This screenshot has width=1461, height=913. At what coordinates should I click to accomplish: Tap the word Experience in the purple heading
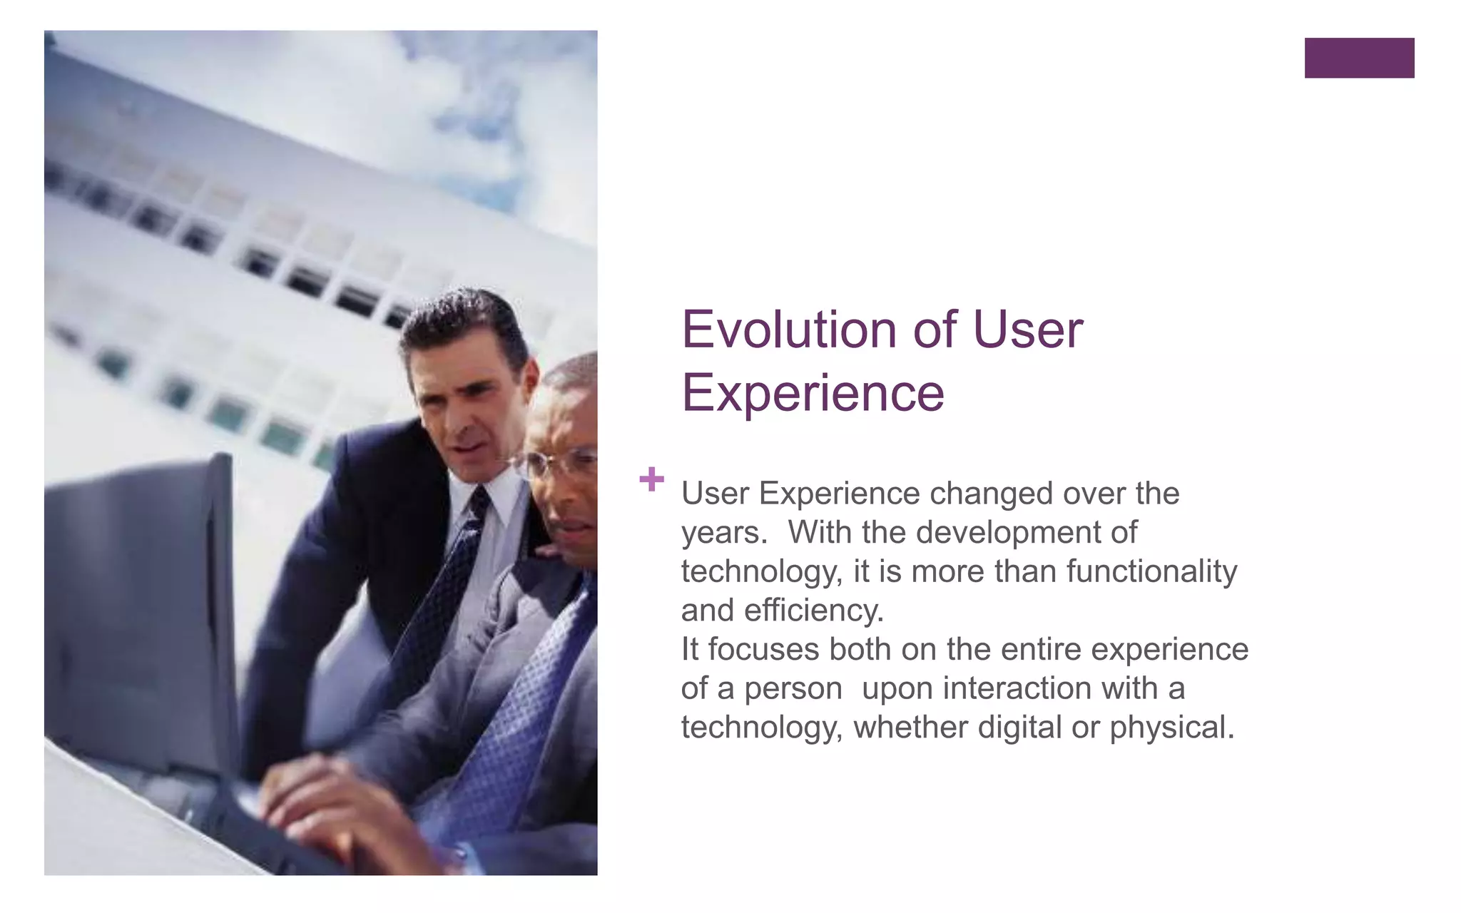coord(813,392)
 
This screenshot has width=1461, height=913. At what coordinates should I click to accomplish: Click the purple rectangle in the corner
coord(1359,58)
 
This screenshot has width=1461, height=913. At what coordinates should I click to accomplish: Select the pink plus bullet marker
coord(651,479)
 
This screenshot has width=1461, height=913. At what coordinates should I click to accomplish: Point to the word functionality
coord(1151,571)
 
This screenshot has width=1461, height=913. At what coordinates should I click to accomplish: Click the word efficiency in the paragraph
coord(813,611)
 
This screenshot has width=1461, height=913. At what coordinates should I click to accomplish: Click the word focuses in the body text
coord(763,650)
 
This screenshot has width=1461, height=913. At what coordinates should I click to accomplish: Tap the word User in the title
coord(1028,330)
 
